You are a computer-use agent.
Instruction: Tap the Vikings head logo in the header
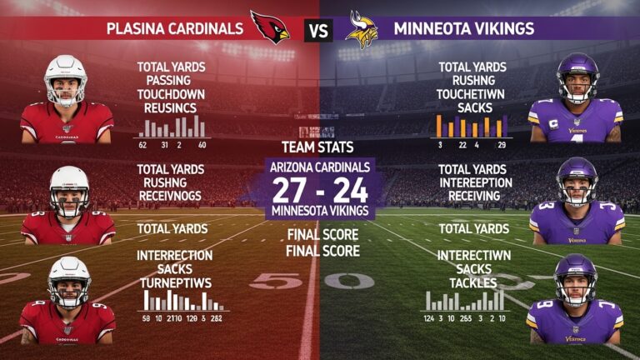(361, 30)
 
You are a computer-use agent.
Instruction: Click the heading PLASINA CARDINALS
(175, 29)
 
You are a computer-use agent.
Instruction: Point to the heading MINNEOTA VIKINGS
(463, 29)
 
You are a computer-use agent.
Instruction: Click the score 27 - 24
(321, 189)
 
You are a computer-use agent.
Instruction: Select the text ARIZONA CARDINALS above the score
(321, 167)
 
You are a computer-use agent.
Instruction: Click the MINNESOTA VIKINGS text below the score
(321, 210)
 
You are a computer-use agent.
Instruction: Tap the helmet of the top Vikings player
(577, 77)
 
